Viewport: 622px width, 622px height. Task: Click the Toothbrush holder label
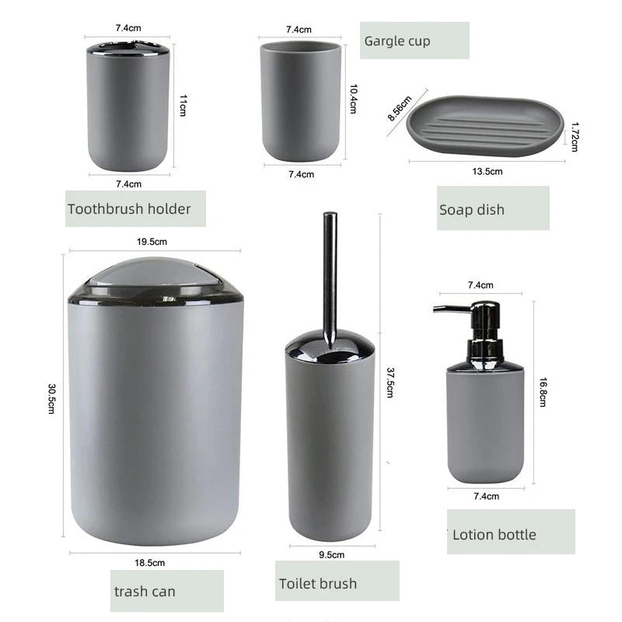click(x=129, y=209)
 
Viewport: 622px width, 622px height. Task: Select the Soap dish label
click(x=472, y=209)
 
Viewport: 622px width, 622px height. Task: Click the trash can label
click(x=145, y=591)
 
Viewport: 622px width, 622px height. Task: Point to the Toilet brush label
click(x=317, y=583)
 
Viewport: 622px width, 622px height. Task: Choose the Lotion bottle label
click(x=494, y=534)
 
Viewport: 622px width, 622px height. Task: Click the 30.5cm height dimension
click(x=51, y=399)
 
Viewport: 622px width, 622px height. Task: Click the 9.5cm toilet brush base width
click(x=331, y=555)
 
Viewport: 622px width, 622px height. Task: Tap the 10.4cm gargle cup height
click(x=353, y=99)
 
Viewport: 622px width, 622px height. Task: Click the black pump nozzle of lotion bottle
click(x=451, y=309)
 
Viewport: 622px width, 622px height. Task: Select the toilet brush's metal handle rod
click(x=330, y=272)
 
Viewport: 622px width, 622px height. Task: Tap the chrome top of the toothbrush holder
click(x=128, y=48)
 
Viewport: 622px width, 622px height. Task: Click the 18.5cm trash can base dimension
click(x=151, y=562)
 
